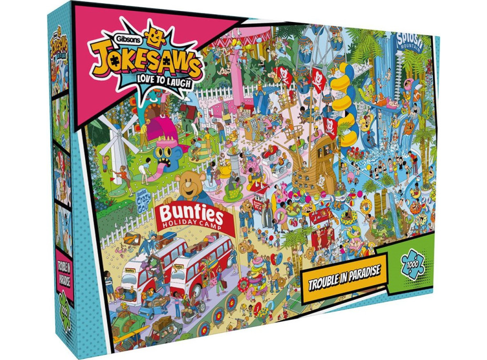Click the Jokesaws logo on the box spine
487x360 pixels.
coord(59,50)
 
